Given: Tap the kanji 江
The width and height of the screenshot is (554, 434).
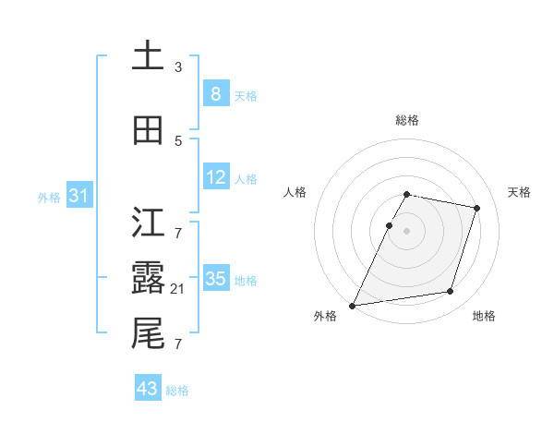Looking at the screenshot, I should click(148, 220).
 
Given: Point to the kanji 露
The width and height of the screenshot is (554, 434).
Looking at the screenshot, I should click(148, 276).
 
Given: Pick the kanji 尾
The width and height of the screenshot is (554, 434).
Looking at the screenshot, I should click(148, 332).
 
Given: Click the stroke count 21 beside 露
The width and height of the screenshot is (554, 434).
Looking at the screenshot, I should click(179, 289).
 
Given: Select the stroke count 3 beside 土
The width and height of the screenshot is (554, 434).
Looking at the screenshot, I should click(178, 66).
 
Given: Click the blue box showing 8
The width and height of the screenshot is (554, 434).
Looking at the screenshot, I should click(215, 93).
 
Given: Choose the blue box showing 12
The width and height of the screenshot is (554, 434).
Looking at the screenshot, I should click(216, 177).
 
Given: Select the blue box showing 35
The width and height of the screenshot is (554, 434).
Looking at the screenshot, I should click(216, 279).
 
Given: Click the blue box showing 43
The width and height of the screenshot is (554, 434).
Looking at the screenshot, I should click(148, 389).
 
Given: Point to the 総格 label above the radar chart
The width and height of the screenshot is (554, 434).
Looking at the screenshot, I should click(407, 120).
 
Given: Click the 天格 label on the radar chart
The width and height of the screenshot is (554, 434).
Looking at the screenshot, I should click(520, 192).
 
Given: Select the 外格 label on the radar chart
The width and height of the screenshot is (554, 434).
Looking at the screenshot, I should click(325, 316).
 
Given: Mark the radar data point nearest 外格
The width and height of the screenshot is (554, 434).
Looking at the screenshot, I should click(353, 305).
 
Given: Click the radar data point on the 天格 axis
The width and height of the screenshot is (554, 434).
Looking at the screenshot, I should click(476, 208).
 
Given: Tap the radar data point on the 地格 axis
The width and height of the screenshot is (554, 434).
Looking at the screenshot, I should click(451, 292).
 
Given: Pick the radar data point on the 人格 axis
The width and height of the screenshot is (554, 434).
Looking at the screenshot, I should click(389, 225).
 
